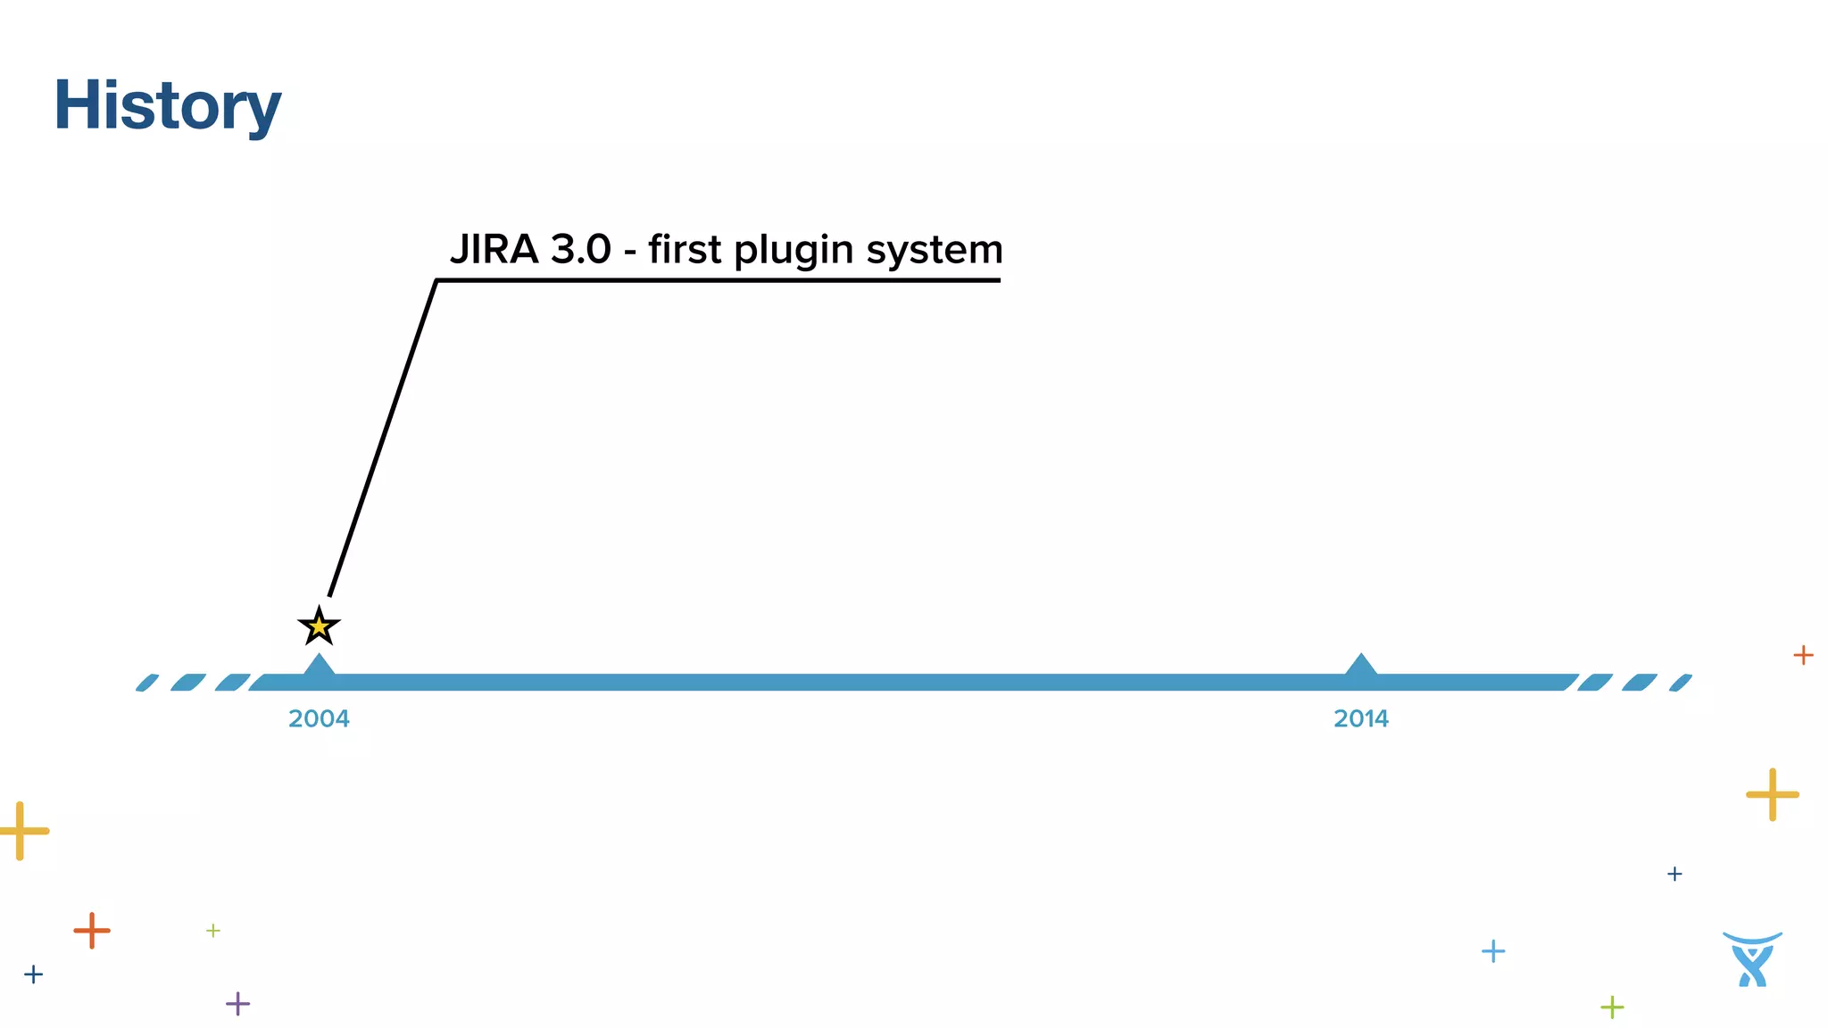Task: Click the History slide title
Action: tap(167, 105)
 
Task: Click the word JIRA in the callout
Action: tap(494, 250)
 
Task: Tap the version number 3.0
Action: tap(580, 250)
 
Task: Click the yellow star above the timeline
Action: tap(319, 626)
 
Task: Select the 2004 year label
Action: tap(319, 719)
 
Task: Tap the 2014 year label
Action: tap(1360, 719)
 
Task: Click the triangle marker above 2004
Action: tap(319, 666)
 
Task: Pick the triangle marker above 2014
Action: tap(1360, 666)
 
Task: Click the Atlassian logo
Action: tap(1752, 959)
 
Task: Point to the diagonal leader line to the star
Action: tap(382, 437)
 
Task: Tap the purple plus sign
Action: tap(237, 1004)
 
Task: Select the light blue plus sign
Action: tap(1492, 951)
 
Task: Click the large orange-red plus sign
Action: tap(91, 931)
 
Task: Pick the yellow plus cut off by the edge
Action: tap(21, 831)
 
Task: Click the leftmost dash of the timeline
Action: tap(147, 683)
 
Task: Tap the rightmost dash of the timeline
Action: tap(1681, 683)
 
